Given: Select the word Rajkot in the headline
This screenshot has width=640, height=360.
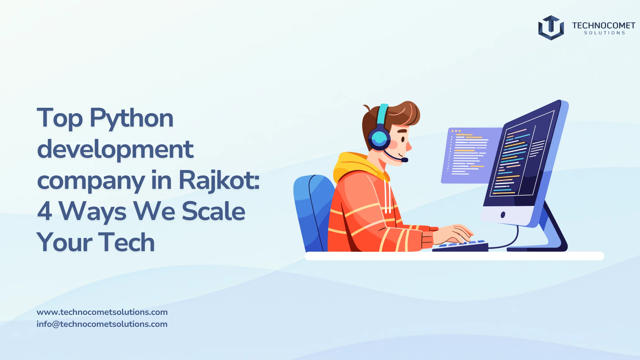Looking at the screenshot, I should [x=219, y=180].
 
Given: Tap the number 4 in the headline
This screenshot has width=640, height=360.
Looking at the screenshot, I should [x=45, y=211].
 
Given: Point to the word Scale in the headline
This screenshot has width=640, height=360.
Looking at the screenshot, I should [x=213, y=211].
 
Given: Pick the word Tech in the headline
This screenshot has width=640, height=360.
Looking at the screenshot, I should [x=126, y=243].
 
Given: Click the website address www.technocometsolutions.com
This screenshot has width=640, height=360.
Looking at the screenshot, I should [x=102, y=312].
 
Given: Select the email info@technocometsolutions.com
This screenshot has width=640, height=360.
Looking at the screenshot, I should [x=102, y=324].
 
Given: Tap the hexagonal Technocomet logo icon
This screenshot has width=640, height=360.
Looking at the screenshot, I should [x=551, y=28].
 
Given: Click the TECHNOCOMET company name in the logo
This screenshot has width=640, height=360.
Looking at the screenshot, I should [x=603, y=25].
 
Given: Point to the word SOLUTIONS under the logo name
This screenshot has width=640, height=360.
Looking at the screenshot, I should [x=605, y=33].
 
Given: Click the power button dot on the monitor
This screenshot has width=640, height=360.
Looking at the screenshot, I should [x=503, y=215].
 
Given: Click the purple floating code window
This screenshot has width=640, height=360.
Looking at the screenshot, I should [x=469, y=154].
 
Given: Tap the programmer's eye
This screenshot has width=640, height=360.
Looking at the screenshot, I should [x=403, y=139].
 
